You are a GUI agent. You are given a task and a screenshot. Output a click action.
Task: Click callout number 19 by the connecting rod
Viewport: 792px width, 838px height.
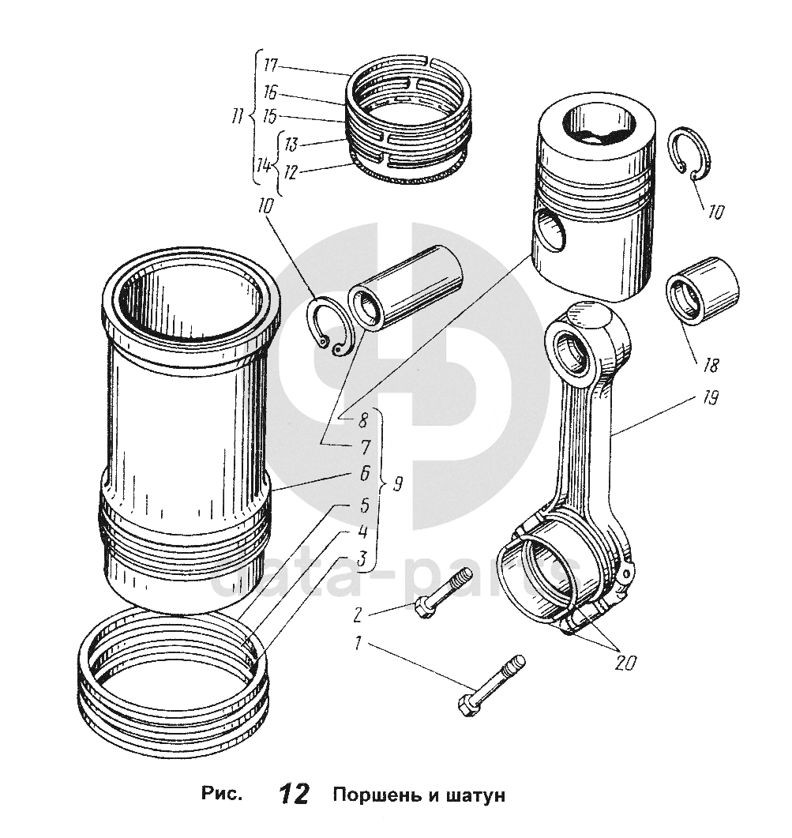[708, 400]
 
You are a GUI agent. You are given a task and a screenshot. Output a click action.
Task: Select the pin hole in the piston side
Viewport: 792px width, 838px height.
[550, 231]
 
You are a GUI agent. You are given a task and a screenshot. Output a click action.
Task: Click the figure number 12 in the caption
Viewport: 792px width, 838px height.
[293, 794]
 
